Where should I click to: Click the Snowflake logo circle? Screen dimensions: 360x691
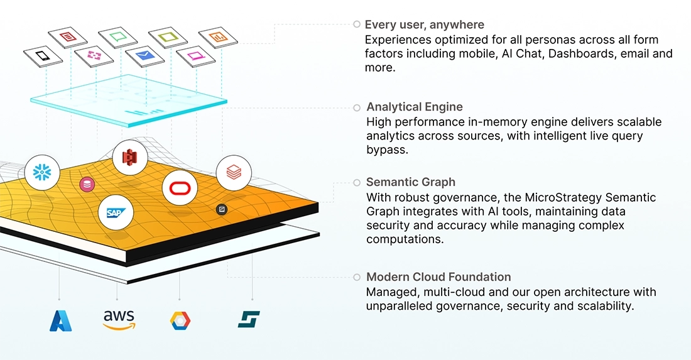[x=42, y=172]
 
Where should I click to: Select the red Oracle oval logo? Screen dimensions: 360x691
[x=180, y=188]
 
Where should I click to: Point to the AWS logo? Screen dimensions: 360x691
[x=119, y=319]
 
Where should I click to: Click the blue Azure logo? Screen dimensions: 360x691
[x=61, y=320]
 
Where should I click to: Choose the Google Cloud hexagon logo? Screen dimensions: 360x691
[x=180, y=320]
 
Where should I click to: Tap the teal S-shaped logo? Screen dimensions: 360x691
[x=249, y=319]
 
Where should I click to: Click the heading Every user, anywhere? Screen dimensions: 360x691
[x=425, y=25]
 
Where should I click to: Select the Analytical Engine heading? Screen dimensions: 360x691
[x=415, y=107]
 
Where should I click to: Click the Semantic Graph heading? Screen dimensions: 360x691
[x=411, y=182]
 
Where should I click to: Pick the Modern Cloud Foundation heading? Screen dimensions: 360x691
[x=438, y=277]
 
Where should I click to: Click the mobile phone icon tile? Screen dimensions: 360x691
[x=43, y=56]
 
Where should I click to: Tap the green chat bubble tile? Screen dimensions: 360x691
[x=118, y=37]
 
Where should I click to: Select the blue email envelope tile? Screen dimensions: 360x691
[x=144, y=56]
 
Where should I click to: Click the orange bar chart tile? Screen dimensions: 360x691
[x=218, y=37]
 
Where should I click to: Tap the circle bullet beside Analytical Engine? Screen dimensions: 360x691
[x=357, y=108]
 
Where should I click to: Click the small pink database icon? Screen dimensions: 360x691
[x=87, y=185]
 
